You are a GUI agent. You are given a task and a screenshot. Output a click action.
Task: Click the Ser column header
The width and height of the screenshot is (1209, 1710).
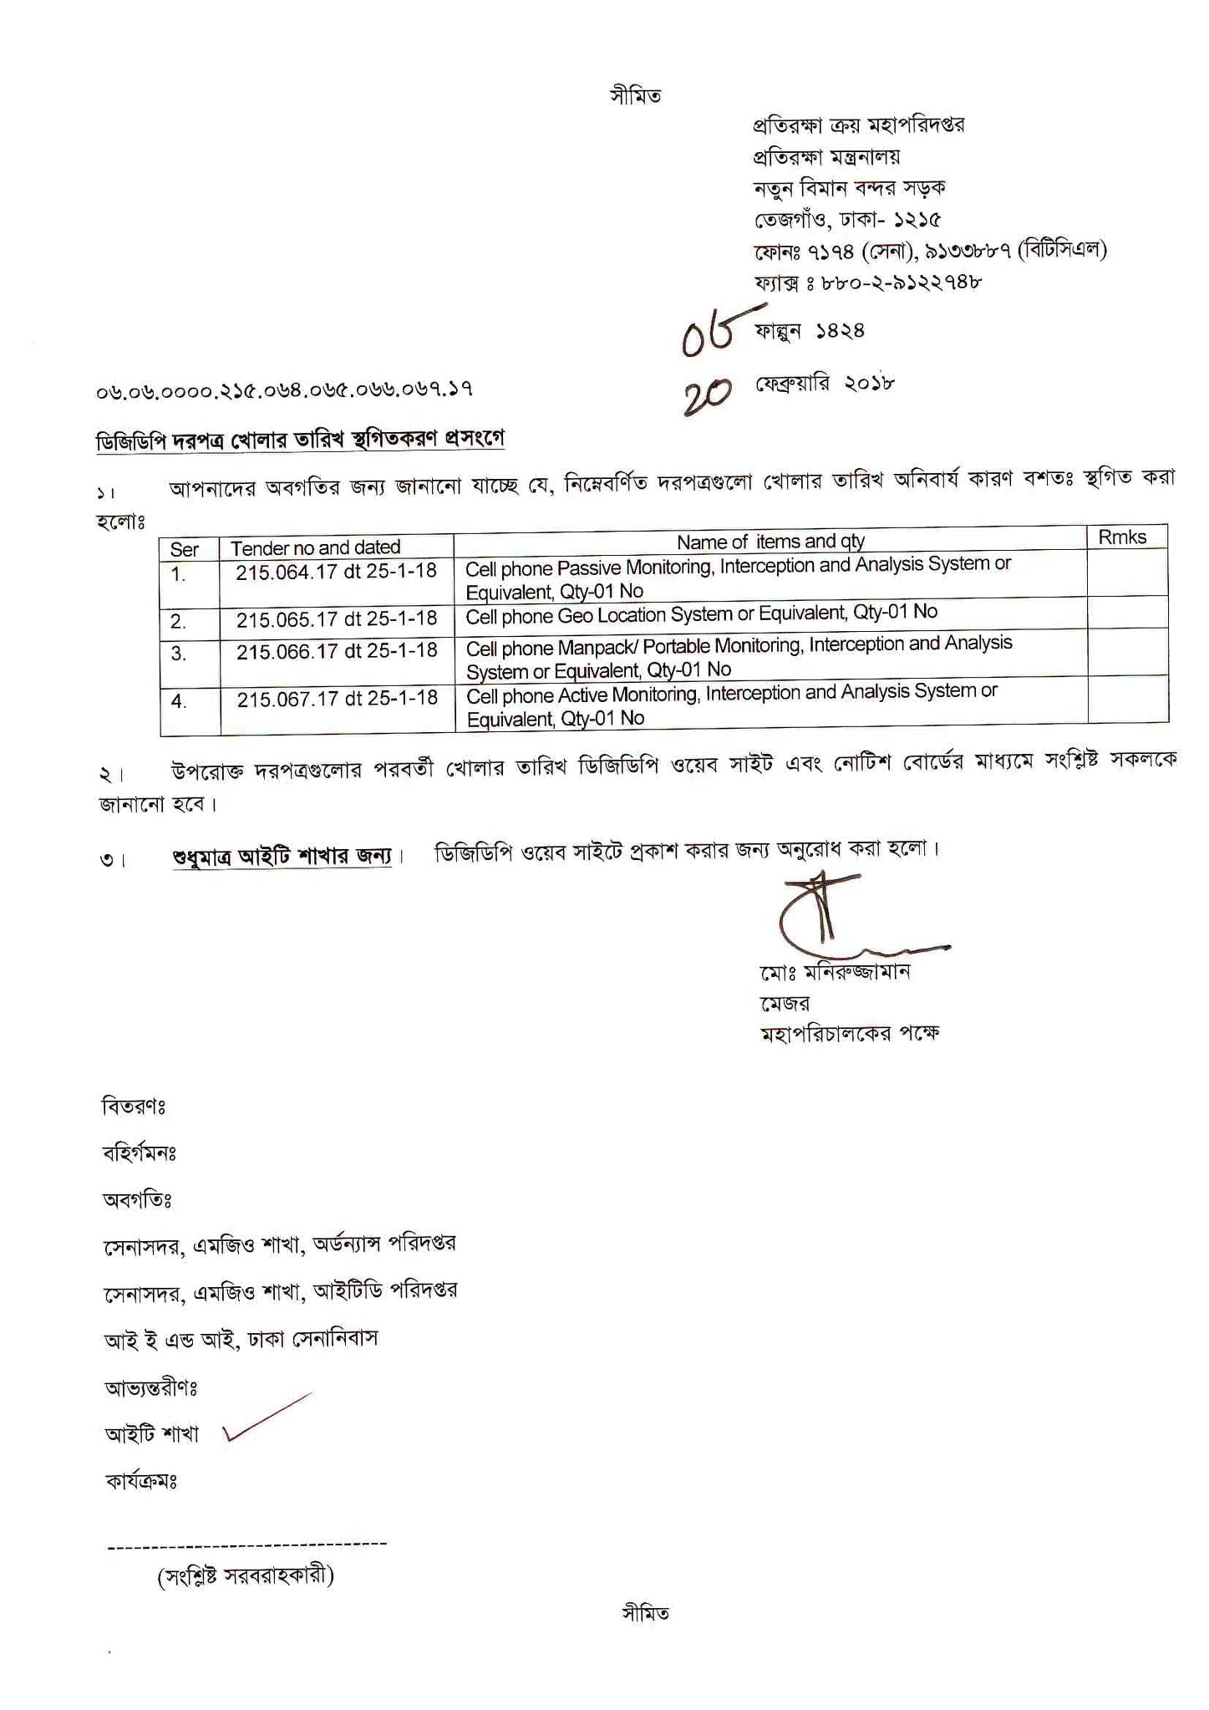coord(185,549)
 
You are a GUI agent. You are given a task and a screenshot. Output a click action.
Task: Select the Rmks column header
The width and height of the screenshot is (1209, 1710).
coord(1121,537)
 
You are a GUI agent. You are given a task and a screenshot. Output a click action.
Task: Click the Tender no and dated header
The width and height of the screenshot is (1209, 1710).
coord(316,547)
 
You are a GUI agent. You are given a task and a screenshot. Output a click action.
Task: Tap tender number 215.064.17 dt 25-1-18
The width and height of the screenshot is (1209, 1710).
coord(336,572)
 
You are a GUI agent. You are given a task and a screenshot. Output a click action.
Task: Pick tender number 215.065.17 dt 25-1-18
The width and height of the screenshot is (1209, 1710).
coord(336,618)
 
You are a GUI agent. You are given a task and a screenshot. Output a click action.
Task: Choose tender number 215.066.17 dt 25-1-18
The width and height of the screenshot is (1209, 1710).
coord(337,650)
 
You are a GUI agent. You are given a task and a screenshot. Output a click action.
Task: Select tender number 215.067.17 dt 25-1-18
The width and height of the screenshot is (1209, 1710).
coord(337,698)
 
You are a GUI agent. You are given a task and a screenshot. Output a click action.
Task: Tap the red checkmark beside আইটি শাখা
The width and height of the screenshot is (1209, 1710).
coord(267,1417)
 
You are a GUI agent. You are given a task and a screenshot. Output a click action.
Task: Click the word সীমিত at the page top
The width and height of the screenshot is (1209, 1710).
coord(635,96)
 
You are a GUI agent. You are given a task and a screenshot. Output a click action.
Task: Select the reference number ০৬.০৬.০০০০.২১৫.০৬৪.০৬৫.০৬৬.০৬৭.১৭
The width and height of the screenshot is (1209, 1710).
coord(284,389)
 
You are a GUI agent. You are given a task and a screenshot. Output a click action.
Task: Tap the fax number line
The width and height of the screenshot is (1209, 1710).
coord(868,282)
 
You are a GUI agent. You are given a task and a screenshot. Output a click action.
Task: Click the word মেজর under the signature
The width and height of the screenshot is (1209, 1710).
coord(785,1003)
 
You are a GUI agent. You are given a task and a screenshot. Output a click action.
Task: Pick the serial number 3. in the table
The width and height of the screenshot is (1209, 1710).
coord(179,654)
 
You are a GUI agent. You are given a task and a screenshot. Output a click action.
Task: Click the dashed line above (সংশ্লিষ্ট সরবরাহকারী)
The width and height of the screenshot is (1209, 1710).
coord(247,1544)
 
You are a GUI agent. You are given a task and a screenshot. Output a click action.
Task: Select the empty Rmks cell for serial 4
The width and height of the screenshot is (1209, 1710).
coord(1127,700)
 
